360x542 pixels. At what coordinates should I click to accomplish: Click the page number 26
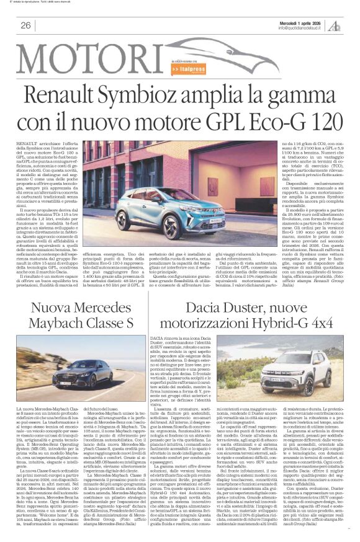click(25, 25)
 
